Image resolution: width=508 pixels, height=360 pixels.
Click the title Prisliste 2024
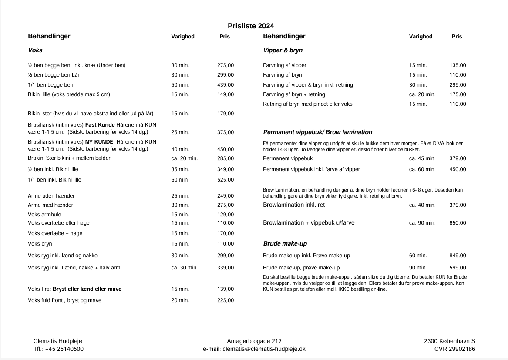pyautogui.click(x=251, y=26)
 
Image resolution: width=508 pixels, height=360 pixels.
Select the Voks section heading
pyautogui.click(x=35, y=50)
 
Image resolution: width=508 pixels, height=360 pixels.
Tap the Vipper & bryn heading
pyautogui.click(x=283, y=50)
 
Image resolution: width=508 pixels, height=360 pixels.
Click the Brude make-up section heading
pyautogui.click(x=285, y=244)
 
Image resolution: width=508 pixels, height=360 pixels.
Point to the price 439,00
pyautogui.click(x=225, y=85)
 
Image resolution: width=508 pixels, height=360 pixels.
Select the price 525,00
pyautogui.click(x=225, y=180)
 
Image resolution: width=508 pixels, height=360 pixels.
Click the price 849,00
pyautogui.click(x=458, y=256)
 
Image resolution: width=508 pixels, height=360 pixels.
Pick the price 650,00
pyautogui.click(x=458, y=223)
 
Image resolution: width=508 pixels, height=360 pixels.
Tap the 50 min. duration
pyautogui.click(x=180, y=85)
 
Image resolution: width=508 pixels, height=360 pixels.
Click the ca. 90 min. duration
pyautogui.click(x=422, y=223)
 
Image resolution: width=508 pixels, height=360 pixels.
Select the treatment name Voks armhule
pyautogui.click(x=44, y=215)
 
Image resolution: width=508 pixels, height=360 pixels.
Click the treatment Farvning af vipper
pyautogui.click(x=285, y=65)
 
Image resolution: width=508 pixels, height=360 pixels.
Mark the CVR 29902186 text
pyautogui.click(x=454, y=349)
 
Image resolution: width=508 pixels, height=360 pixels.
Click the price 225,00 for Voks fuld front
pyautogui.click(x=225, y=300)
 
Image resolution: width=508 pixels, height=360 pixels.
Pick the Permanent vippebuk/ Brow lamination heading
pyautogui.click(x=318, y=132)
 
